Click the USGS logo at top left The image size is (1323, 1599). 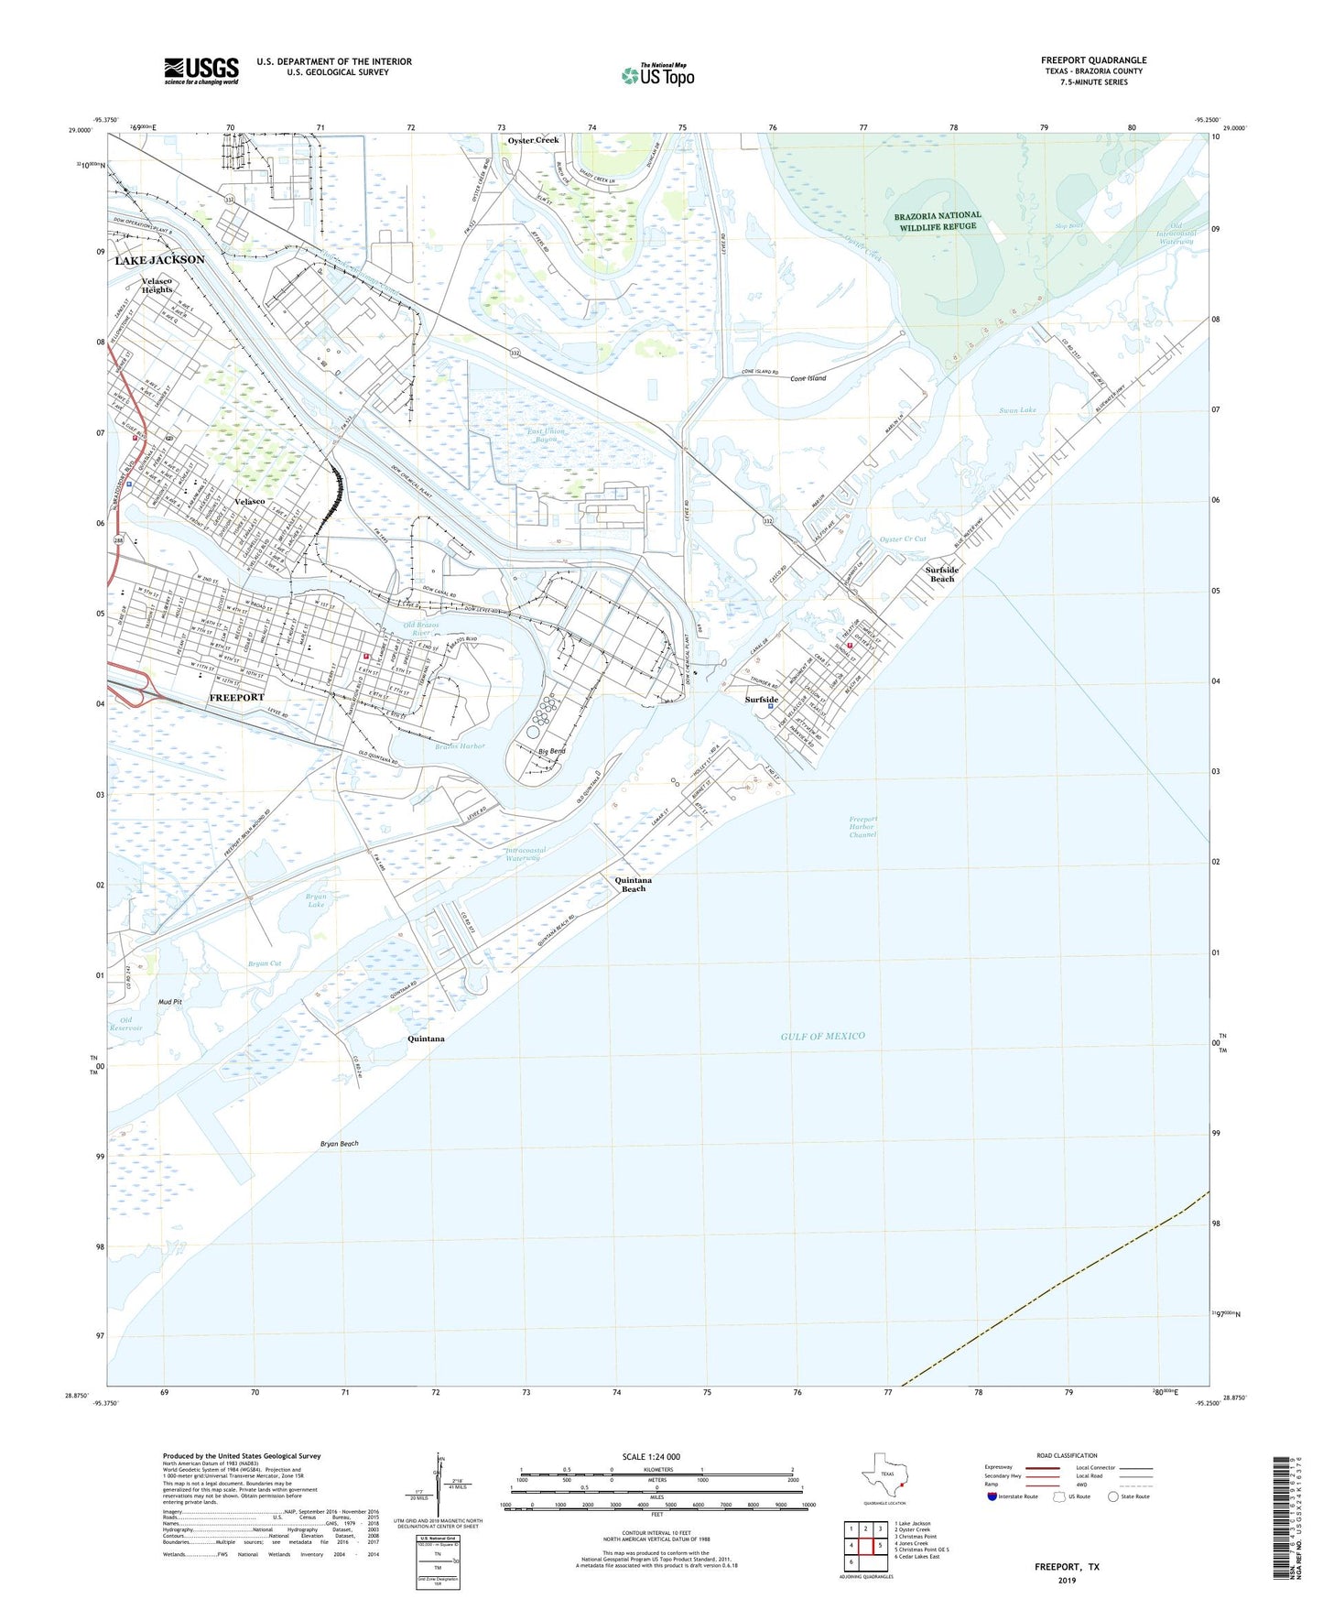coord(201,71)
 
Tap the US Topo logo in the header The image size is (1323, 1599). coord(657,75)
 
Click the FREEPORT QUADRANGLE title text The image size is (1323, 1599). coord(1093,60)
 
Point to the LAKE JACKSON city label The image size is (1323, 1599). coord(159,260)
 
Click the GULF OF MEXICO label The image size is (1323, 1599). coord(822,1036)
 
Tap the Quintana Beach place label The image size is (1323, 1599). coord(633,884)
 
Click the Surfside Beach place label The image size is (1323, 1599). coord(942,574)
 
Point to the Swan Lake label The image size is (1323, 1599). coord(1017,409)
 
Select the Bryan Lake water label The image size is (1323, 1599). coord(316,900)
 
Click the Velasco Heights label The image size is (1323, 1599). coord(157,285)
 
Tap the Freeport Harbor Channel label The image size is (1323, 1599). coord(862,826)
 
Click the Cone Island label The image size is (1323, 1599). coord(808,378)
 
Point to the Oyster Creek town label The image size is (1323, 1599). coord(533,140)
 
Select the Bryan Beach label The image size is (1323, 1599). coord(339,1144)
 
